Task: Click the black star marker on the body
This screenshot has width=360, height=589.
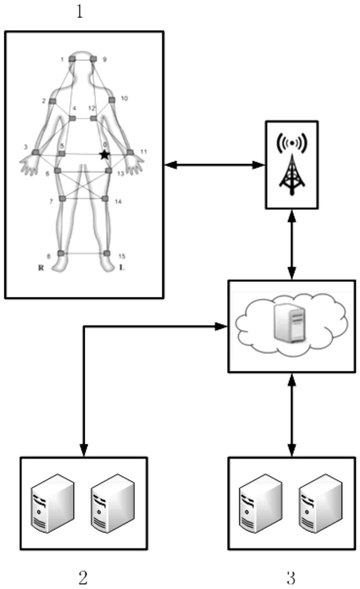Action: tap(104, 154)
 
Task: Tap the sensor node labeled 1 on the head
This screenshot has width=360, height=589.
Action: tap(72, 59)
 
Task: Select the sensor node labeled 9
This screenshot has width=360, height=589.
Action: tap(93, 59)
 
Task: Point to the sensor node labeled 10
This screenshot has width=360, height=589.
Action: tap(111, 100)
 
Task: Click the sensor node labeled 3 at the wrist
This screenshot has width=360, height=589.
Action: tap(36, 152)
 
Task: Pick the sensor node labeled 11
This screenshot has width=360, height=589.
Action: tap(130, 152)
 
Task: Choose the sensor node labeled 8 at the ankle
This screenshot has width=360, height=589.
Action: tap(61, 253)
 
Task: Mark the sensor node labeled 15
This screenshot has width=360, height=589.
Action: tap(107, 253)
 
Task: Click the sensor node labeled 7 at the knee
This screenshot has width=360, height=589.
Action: tap(62, 199)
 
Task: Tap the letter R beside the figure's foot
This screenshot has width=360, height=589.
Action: tap(41, 268)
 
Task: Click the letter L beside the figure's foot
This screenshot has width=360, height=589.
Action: tap(121, 268)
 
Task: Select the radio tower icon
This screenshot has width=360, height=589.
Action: tap(292, 164)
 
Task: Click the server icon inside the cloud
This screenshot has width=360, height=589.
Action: tap(290, 324)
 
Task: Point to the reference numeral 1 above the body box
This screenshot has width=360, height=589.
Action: tap(80, 12)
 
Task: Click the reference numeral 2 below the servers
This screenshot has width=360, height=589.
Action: tap(83, 577)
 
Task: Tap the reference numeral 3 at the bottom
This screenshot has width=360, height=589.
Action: tap(291, 577)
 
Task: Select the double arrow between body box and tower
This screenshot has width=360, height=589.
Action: tap(215, 164)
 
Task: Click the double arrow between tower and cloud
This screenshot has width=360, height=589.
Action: tap(292, 245)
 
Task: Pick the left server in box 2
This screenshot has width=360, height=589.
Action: tap(52, 503)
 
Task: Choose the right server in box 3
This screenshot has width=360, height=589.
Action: tap(321, 503)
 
